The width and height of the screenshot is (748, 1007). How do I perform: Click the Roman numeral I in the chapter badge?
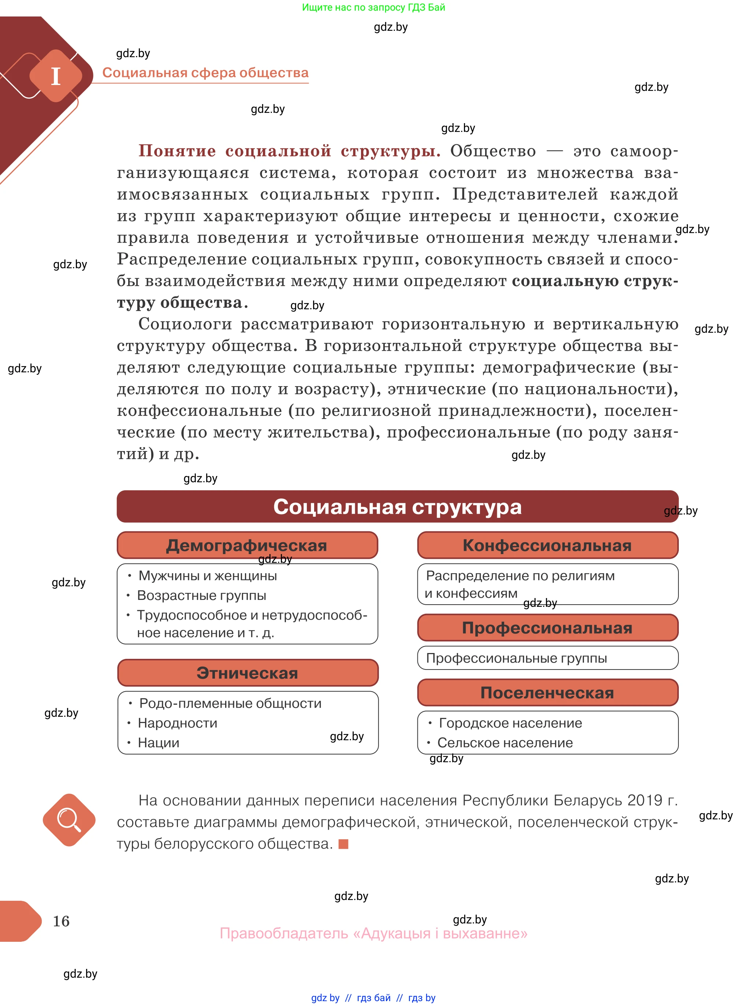(56, 76)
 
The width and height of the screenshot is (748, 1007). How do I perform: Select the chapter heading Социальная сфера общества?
(205, 73)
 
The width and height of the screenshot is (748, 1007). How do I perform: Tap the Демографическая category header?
(247, 545)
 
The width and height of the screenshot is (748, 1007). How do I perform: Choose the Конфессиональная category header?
(547, 545)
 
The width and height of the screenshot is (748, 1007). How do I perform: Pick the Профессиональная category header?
(547, 628)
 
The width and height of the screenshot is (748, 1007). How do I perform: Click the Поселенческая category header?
(547, 693)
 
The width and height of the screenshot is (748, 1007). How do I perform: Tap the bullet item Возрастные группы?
(201, 595)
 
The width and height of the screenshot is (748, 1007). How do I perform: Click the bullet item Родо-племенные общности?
(230, 703)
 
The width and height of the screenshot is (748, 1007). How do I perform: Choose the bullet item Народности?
(178, 723)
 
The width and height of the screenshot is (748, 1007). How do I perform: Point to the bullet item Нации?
(159, 743)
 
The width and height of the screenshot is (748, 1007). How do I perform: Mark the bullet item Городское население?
(510, 723)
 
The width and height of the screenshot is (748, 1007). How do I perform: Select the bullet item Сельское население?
(505, 743)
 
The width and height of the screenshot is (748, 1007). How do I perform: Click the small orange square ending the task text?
(343, 844)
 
